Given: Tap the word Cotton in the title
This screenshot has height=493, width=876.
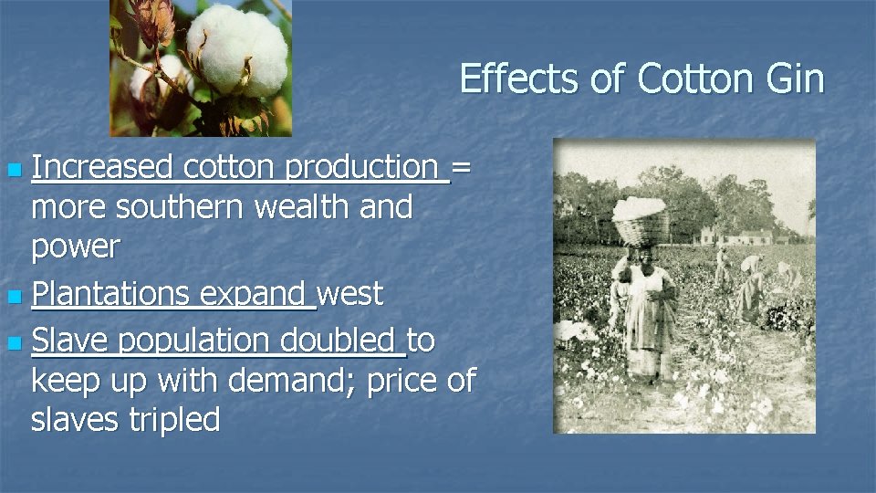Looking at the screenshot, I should [x=683, y=79].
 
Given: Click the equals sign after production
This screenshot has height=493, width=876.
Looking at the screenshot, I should [x=462, y=167].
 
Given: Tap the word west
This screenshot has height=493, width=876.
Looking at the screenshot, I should [x=351, y=294].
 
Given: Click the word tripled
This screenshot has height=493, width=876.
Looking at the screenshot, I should [x=172, y=420].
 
